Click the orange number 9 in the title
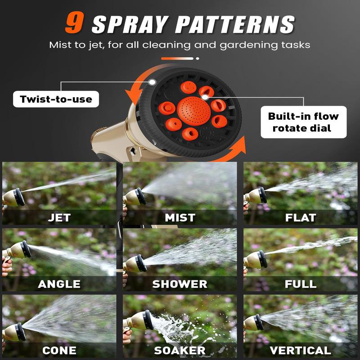[75, 24]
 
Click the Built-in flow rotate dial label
[303, 122]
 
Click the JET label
[59, 218]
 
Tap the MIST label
[180, 218]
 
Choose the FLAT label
[301, 218]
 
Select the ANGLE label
[59, 284]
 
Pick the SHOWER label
[180, 284]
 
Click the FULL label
[301, 284]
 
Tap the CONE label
[59, 350]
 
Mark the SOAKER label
[180, 350]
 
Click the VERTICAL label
[301, 350]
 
